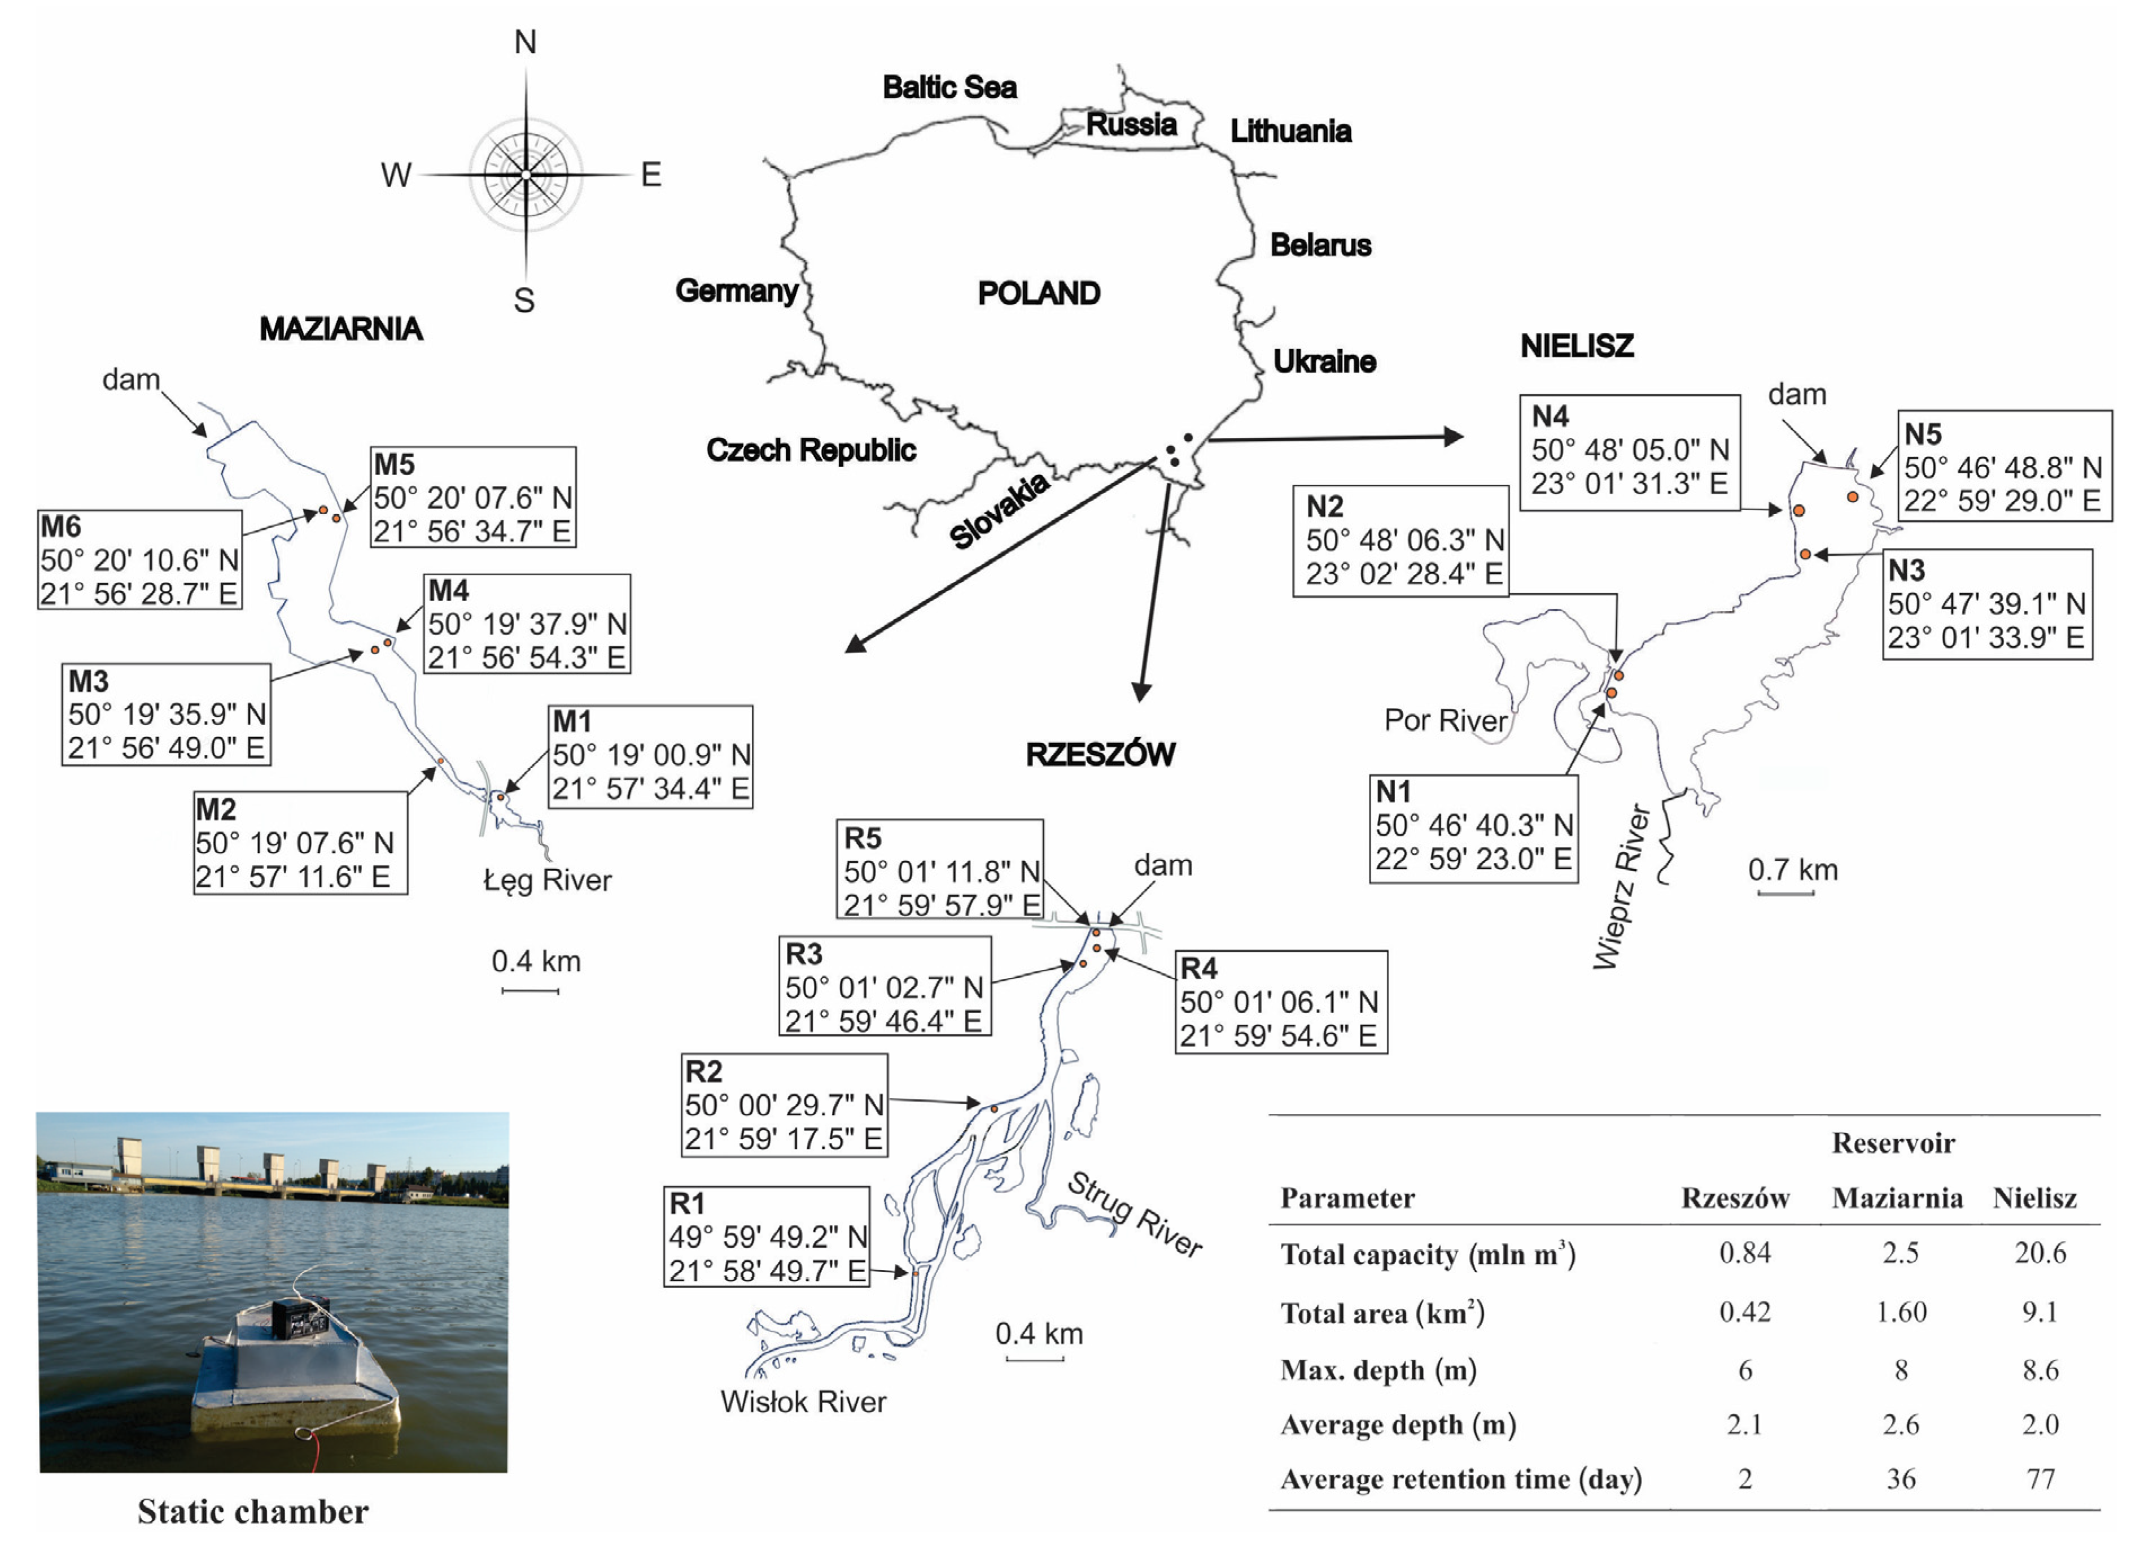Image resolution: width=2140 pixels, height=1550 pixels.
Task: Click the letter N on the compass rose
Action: point(526,42)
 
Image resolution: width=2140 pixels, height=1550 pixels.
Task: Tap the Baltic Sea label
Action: point(949,88)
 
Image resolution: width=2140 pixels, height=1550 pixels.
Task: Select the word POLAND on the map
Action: point(1038,294)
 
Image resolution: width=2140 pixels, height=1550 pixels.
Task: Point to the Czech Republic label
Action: point(811,450)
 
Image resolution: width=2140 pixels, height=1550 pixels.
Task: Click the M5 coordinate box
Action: point(472,498)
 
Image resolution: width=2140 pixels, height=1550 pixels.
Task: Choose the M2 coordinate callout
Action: point(300,843)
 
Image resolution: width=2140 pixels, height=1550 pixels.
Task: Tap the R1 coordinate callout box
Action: point(766,1236)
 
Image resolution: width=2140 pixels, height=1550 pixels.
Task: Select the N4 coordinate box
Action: point(1630,451)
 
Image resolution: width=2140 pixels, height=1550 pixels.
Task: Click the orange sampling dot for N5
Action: point(1853,497)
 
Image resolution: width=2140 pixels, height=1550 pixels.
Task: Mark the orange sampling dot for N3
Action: point(1805,554)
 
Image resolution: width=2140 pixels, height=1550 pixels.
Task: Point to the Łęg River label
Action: point(547,881)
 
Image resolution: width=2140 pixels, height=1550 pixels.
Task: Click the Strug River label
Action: point(1135,1214)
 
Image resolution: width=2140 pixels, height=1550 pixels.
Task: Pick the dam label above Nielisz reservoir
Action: point(1797,395)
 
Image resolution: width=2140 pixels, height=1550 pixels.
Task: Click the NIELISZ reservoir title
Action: point(1577,346)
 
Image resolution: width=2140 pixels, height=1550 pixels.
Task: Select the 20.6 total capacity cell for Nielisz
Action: point(2040,1253)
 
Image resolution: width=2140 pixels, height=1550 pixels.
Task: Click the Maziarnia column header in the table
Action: point(1897,1199)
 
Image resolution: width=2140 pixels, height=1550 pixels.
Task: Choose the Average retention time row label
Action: point(1461,1479)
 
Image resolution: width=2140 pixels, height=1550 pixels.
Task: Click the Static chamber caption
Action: point(253,1512)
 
